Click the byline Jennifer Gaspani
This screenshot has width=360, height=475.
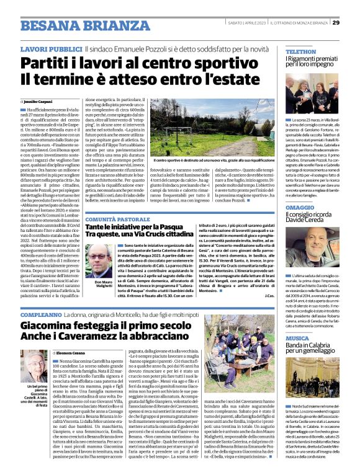pos(38,100)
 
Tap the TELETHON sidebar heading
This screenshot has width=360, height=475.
pos(301,51)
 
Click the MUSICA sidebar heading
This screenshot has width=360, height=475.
pos(297,339)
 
